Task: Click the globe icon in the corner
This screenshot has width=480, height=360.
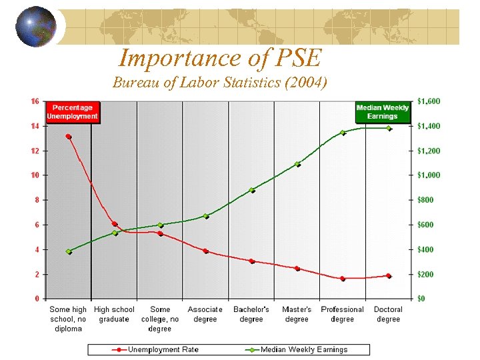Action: pos(35,27)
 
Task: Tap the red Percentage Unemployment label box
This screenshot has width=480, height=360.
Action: pos(73,112)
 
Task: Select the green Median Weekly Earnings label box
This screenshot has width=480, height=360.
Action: pos(382,112)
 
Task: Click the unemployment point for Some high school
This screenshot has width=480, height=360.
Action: pos(69,137)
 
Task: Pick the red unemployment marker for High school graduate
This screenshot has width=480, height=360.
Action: pos(115,224)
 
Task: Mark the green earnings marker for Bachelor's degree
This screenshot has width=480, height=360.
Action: pos(252,190)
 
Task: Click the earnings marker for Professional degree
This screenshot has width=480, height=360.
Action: pos(343,133)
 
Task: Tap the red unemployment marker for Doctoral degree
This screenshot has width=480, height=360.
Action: pos(389,275)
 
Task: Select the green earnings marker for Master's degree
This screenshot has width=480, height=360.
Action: pos(297,164)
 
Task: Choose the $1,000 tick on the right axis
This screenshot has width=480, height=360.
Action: pos(429,175)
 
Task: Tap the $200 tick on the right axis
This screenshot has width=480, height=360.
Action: pos(425,274)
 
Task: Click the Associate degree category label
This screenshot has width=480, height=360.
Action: pos(205,314)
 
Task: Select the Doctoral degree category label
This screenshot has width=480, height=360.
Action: pos(388,314)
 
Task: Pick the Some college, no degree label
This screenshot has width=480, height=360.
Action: pos(160,319)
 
